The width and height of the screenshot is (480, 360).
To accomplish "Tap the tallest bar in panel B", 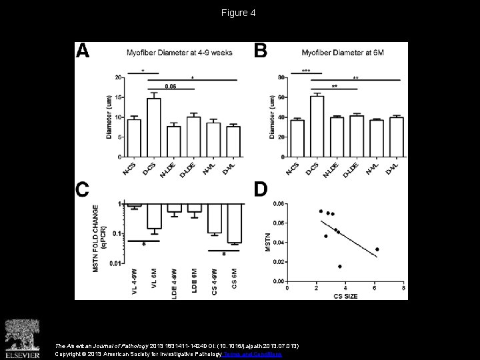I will [317, 126].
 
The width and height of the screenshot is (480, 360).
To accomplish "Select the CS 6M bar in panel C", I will [233, 223].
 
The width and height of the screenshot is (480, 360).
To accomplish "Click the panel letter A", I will [83, 53].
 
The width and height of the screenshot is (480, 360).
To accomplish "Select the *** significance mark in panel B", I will [305, 70].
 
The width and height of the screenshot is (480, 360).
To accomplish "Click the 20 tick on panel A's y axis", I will [118, 78].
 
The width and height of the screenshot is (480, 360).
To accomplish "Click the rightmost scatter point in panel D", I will [377, 249].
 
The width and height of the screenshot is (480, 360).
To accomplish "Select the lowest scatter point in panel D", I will [339, 267].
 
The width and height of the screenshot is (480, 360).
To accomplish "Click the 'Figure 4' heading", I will [239, 13].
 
